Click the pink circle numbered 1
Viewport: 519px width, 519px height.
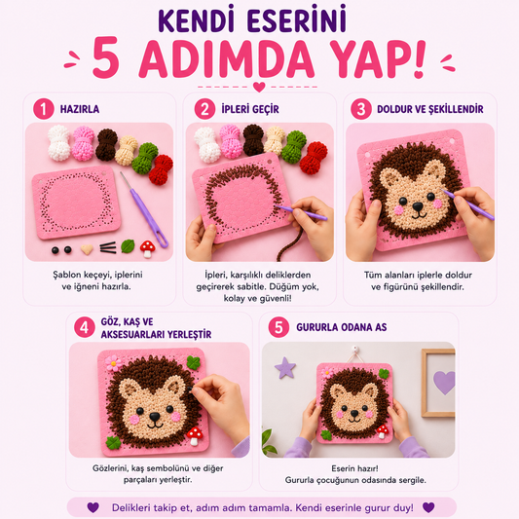tap(44, 109)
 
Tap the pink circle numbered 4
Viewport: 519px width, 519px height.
tap(85, 327)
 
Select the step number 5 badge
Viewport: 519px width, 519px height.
tap(278, 327)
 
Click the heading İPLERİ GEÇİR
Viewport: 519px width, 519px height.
tap(250, 109)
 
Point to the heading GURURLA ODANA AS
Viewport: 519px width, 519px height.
tap(341, 327)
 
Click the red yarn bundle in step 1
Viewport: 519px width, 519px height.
tap(161, 169)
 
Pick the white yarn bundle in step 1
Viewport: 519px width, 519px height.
tap(59, 143)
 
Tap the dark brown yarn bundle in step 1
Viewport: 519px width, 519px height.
tap(106, 145)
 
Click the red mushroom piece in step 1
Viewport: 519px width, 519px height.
tap(147, 248)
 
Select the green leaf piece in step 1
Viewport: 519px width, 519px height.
tap(128, 246)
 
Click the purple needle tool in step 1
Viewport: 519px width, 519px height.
tap(144, 209)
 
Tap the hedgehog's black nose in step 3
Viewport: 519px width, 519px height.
tap(418, 206)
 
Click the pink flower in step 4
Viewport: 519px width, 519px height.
tap(113, 363)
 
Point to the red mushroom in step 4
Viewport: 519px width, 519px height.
tap(195, 435)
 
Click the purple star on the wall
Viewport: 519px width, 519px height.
tap(285, 367)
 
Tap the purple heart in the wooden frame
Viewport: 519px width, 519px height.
tap(444, 382)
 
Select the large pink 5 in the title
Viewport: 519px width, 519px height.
tap(105, 57)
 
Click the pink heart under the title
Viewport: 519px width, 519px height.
tap(259, 87)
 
